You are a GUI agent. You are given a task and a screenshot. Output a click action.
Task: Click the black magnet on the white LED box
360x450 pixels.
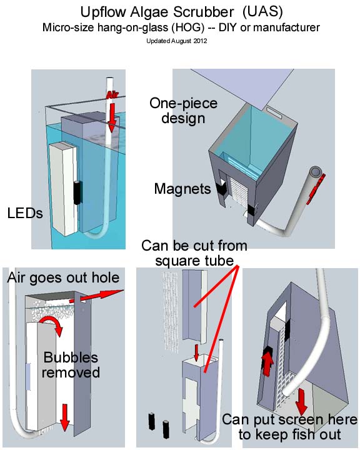pos(76,192)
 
